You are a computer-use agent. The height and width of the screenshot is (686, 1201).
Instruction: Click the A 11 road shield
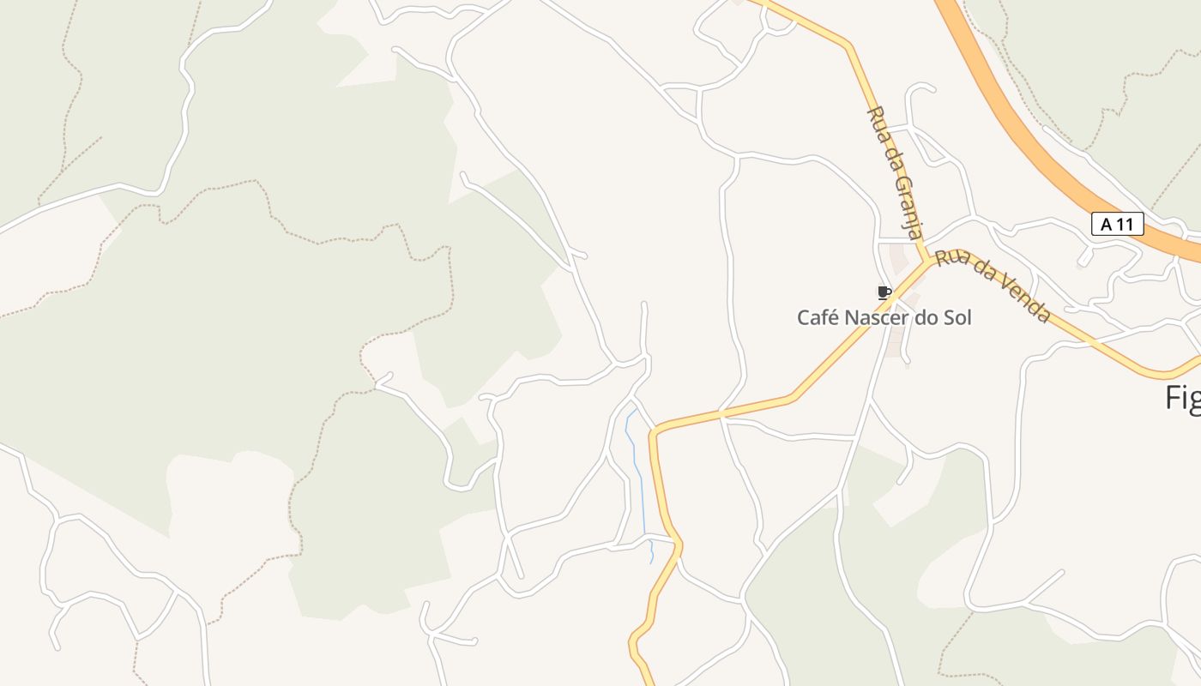point(1117,225)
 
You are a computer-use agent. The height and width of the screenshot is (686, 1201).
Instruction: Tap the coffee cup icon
point(884,292)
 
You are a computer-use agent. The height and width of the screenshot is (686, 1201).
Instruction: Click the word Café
point(818,317)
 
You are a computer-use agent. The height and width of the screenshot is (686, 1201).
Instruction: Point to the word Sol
point(957,317)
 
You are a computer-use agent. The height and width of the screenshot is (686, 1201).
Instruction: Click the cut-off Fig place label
point(1183,398)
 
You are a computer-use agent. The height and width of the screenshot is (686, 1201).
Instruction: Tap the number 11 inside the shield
point(1126,225)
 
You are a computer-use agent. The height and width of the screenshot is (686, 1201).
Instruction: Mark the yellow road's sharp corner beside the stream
point(655,430)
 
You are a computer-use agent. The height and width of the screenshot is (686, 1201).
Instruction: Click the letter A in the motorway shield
point(1106,225)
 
